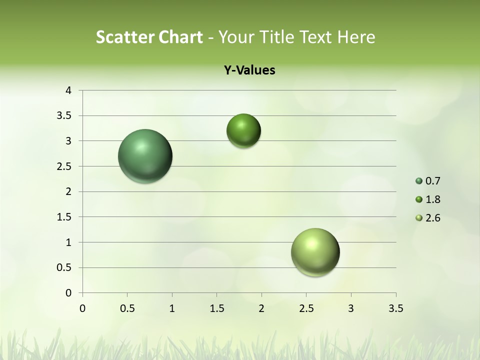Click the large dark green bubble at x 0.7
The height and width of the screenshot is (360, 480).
[145, 156]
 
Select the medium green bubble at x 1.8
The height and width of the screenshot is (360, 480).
[243, 130]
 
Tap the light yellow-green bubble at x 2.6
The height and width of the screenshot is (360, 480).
[315, 252]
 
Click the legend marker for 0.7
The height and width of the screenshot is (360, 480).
[419, 181]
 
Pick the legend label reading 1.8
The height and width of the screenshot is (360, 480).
[432, 199]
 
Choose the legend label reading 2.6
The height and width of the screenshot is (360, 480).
[432, 218]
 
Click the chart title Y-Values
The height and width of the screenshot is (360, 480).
[249, 70]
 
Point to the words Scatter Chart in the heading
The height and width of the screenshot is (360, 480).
[149, 37]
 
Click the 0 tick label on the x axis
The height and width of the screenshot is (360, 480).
[82, 308]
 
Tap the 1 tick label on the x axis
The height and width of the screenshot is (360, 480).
[172, 308]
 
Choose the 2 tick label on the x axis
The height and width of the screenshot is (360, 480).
[261, 308]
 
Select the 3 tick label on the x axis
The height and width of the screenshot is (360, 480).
[351, 308]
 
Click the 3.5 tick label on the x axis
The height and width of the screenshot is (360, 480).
[395, 308]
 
